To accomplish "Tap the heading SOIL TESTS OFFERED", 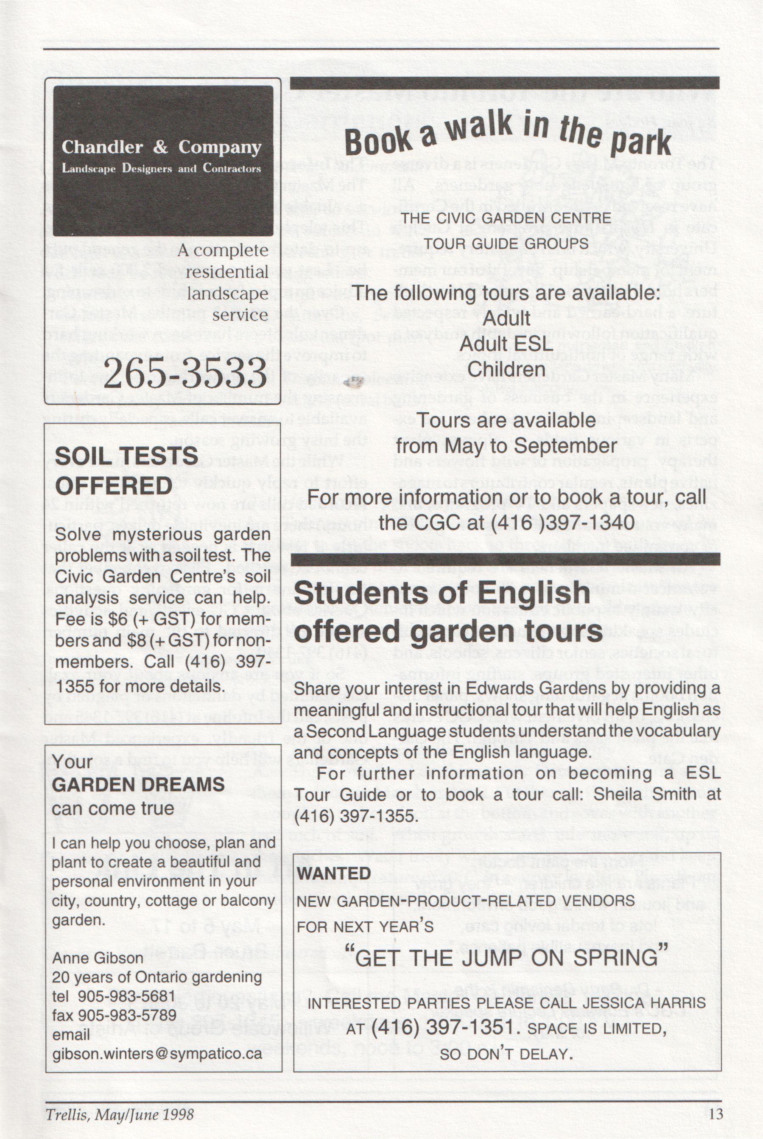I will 126,471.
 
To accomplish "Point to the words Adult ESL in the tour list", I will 506,344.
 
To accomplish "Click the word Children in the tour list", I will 506,369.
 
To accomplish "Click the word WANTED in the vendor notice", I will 334,873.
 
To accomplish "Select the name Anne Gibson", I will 98,958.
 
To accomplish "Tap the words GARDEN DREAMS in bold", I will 138,784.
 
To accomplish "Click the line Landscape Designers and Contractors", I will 161,168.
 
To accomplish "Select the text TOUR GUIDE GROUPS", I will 506,243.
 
